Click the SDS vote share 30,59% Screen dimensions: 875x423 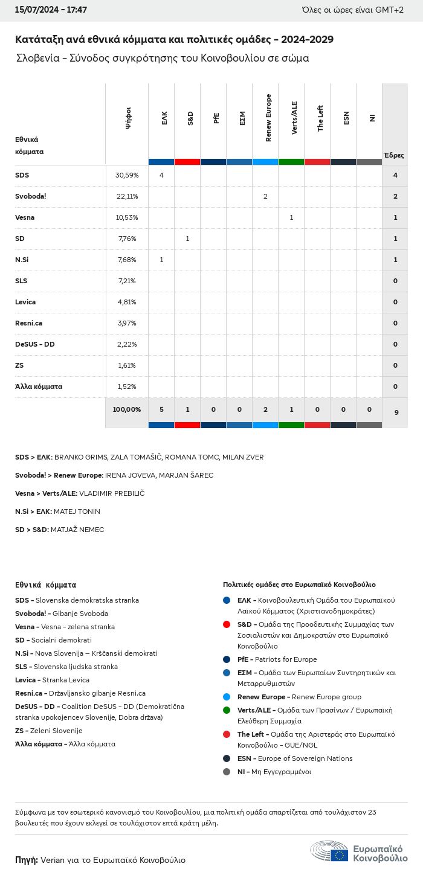[127, 175]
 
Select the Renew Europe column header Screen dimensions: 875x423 [268, 118]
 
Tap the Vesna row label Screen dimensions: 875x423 [25, 217]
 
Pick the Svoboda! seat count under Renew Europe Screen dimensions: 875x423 [265, 196]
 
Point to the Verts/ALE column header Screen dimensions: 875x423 [294, 118]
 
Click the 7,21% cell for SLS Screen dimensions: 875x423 [127, 281]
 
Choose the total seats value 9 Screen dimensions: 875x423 [396, 412]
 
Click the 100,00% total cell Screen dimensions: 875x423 [127, 409]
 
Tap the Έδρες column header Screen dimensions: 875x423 [393, 155]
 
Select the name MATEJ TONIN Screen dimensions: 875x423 [77, 511]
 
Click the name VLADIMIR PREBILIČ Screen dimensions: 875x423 [112, 493]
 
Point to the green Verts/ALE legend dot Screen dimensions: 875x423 [227, 710]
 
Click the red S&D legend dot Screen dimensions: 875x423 [227, 624]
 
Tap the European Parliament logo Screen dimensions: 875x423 [359, 851]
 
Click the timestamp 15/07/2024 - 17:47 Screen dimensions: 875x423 [42, 10]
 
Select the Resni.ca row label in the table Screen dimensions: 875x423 [28, 323]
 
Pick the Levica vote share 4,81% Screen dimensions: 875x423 [127, 302]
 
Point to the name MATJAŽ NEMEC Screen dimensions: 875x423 [77, 530]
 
